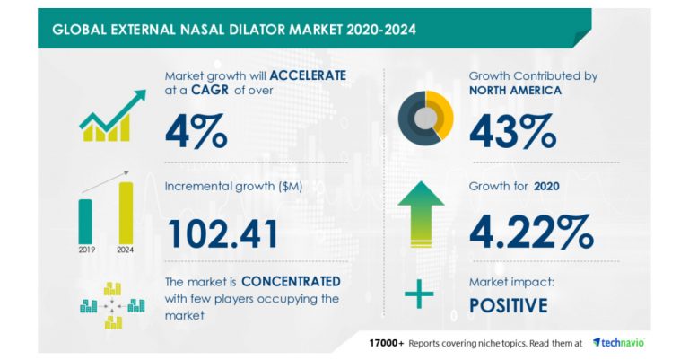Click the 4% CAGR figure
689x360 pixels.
tap(196, 131)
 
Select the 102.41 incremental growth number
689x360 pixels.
tap(222, 233)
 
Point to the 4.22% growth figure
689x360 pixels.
tap(530, 233)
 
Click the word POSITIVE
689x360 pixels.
tap(509, 306)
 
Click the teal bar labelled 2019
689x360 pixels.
tap(86, 220)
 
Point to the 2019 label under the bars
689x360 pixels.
tap(86, 251)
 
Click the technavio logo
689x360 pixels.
tap(617, 342)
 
